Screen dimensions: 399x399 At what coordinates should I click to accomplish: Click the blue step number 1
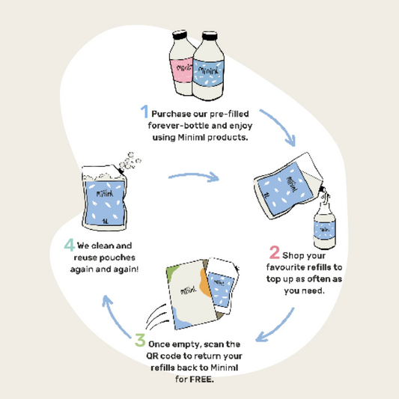[x=144, y=112]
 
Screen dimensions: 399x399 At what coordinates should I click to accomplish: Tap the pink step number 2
[x=275, y=252]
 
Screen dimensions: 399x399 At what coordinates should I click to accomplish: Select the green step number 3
[x=140, y=340]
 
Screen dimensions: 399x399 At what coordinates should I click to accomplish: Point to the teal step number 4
[x=69, y=245]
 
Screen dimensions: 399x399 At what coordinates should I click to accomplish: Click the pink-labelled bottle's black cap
[x=180, y=35]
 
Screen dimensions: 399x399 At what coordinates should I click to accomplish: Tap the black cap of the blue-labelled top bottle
[x=210, y=36]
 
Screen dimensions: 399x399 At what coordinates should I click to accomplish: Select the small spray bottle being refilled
[x=324, y=225]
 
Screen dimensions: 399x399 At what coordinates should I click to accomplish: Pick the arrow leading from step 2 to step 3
[x=278, y=327]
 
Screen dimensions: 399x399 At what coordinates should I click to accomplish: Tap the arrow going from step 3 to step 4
[x=114, y=316]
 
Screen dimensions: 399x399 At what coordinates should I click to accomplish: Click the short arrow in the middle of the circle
[x=194, y=176]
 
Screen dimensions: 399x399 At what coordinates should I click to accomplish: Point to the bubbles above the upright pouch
[x=130, y=162]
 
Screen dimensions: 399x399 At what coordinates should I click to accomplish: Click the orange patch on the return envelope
[x=205, y=283]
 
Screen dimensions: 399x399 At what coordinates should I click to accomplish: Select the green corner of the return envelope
[x=171, y=272]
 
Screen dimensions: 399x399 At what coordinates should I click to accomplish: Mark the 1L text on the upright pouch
[x=105, y=221]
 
